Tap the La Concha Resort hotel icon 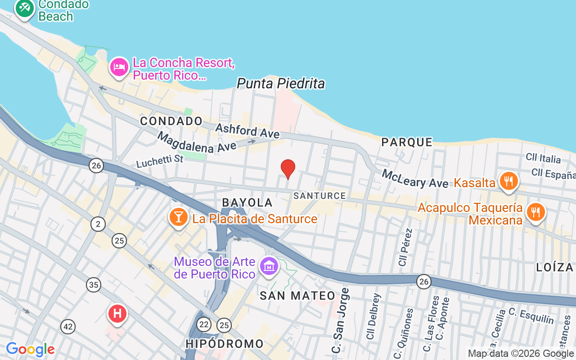[x=119, y=67]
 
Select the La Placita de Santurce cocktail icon [x=178, y=217]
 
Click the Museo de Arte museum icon [x=270, y=266]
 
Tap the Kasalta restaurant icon [x=508, y=181]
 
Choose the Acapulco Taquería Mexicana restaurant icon [x=535, y=212]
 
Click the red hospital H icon [x=117, y=313]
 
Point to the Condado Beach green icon [x=24, y=8]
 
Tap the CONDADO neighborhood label [x=171, y=121]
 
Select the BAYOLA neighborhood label [x=247, y=203]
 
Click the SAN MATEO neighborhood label [x=298, y=296]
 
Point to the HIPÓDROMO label [x=225, y=344]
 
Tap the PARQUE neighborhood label [x=407, y=142]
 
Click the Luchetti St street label [x=160, y=160]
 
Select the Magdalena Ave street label [x=197, y=141]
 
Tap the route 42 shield [x=68, y=327]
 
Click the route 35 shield [x=94, y=284]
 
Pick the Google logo [x=30, y=349]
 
